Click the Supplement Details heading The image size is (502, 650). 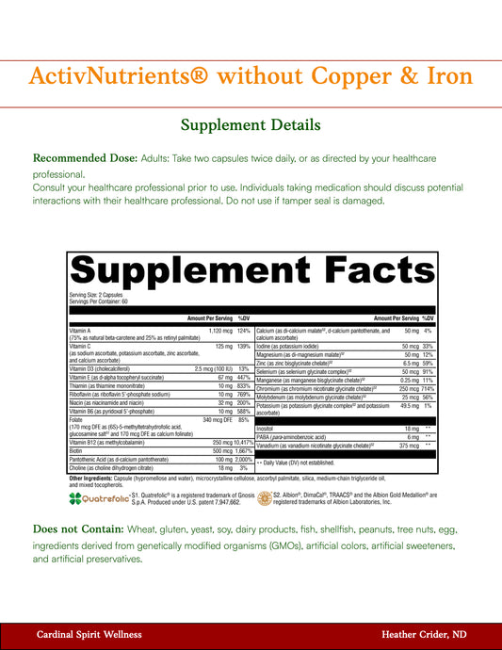point(251,124)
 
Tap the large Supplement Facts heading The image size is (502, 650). point(251,272)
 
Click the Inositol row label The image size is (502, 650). point(267,428)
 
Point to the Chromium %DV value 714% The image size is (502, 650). point(427,388)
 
